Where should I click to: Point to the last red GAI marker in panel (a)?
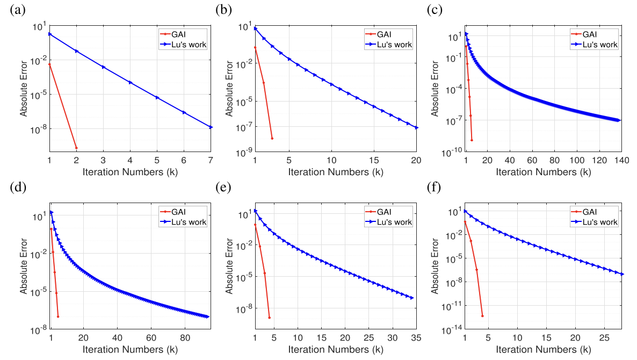pos(76,148)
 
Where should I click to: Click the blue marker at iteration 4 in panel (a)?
pos(130,82)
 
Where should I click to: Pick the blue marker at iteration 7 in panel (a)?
pos(211,127)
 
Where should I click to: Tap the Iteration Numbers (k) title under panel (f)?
pos(543,350)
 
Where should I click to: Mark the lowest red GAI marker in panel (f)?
pos(482,315)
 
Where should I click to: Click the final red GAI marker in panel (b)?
pos(272,139)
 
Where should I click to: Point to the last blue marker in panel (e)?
pos(412,298)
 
